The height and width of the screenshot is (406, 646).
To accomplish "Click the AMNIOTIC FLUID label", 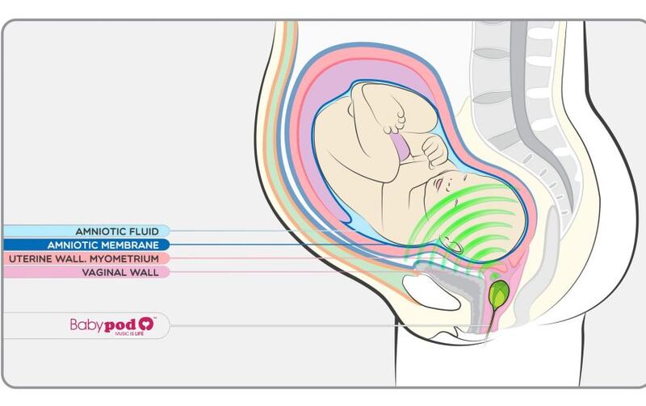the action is pos(117,231).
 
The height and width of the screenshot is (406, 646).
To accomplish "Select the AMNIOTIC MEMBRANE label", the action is pos(103,245).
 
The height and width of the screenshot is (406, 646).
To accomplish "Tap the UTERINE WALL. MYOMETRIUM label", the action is pos(84,258).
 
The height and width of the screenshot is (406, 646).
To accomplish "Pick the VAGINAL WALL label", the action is pos(120,272).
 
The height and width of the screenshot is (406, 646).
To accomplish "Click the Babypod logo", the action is pos(113,325).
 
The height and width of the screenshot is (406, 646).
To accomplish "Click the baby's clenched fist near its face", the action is pos(435,153).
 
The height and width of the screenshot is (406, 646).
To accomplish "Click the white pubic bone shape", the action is pos(430,292).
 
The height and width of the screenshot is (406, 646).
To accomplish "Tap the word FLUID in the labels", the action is pos(144,231).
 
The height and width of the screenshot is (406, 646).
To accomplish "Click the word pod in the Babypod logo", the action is pos(120,325).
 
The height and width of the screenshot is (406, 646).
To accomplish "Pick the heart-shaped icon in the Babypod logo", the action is pos(146,324).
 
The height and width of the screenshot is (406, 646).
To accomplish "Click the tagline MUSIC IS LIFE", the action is pos(129,333).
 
